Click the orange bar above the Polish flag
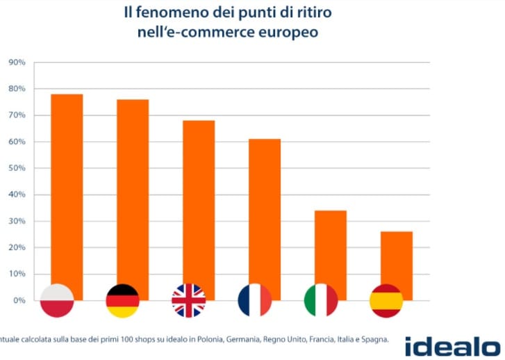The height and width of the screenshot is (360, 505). pyautogui.click(x=67, y=188)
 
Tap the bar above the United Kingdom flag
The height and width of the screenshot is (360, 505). pyautogui.click(x=199, y=202)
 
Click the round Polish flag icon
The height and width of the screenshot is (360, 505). pyautogui.click(x=58, y=300)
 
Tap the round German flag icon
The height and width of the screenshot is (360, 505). pyautogui.click(x=123, y=300)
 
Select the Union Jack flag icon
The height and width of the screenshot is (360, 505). pyautogui.click(x=189, y=300)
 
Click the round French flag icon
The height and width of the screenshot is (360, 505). pyautogui.click(x=255, y=300)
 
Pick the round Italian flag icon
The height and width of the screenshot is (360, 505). pyautogui.click(x=321, y=300)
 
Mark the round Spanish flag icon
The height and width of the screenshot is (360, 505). pyautogui.click(x=386, y=300)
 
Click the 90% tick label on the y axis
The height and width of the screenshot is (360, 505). pyautogui.click(x=16, y=63)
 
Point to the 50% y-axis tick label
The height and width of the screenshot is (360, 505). pyautogui.click(x=16, y=168)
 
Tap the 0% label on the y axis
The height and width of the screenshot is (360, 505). pyautogui.click(x=18, y=300)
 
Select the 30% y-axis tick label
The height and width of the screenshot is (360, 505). pyautogui.click(x=16, y=221)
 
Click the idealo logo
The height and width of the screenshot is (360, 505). pyautogui.click(x=452, y=345)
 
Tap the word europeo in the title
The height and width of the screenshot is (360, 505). pyautogui.click(x=288, y=32)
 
